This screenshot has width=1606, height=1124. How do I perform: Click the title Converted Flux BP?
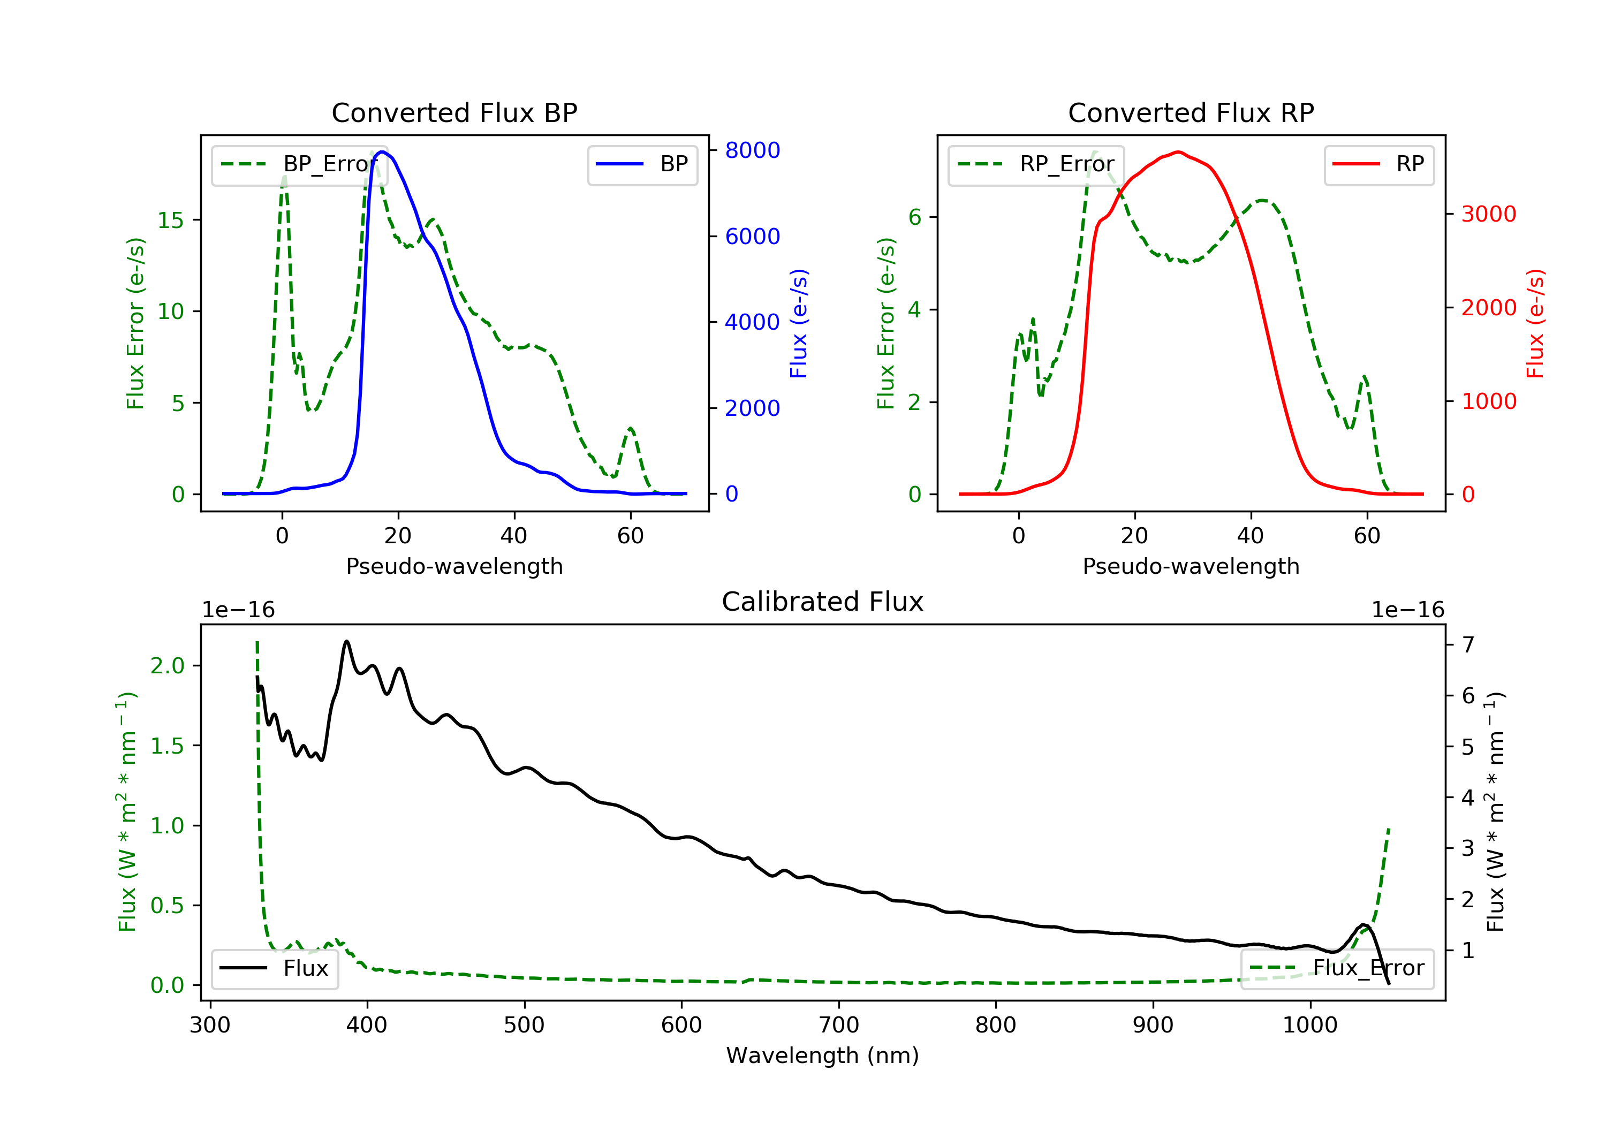coord(454,112)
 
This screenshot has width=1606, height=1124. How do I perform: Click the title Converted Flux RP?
coord(1191,112)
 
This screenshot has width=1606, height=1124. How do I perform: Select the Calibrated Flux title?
coord(823,602)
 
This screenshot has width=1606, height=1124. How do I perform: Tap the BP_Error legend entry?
coord(299,164)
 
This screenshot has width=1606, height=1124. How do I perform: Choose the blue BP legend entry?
coord(642,164)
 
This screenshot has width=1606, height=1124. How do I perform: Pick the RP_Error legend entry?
coord(1036,164)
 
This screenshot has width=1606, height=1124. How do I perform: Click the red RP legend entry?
coord(1378,164)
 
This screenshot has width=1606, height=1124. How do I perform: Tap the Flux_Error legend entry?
coord(1337,968)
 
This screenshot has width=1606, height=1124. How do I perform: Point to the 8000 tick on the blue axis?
coord(752,150)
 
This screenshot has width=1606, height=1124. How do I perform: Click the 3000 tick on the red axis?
coord(1488,214)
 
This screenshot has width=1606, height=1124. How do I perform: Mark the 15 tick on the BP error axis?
coord(170,221)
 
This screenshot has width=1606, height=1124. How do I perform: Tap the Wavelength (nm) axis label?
coord(823,1055)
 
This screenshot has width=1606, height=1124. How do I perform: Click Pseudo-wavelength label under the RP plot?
coord(1191,566)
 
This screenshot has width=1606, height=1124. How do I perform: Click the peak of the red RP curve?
coord(1179,152)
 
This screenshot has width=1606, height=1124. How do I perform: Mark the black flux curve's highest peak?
coord(346,641)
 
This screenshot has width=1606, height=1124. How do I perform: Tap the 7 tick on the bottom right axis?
coord(1468,644)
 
